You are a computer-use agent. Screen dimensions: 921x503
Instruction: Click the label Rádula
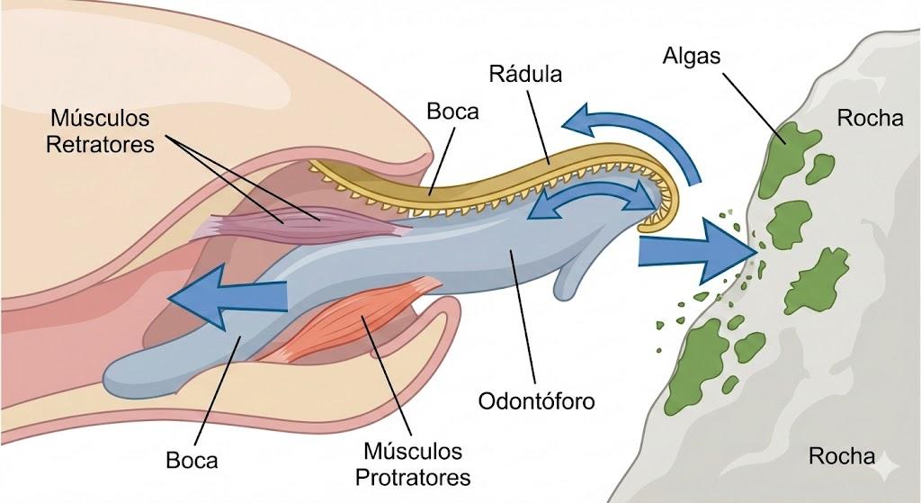[x=525, y=74]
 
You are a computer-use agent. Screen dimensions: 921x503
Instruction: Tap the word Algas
[x=692, y=56]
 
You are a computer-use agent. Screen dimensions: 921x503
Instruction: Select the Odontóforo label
[x=536, y=401]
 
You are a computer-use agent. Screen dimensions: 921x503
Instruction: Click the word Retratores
[x=100, y=145]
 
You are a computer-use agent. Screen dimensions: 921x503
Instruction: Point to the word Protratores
[x=414, y=477]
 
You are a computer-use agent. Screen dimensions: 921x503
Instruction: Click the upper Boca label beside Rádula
[x=453, y=112]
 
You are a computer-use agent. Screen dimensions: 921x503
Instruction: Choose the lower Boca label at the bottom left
[x=192, y=460]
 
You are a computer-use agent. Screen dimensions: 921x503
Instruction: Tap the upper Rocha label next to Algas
[x=870, y=118]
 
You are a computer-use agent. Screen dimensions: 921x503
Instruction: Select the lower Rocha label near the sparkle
[x=842, y=456]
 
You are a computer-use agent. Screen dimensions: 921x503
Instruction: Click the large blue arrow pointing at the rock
[x=697, y=251]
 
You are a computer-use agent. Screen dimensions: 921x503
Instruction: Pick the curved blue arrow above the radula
[x=640, y=132]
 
